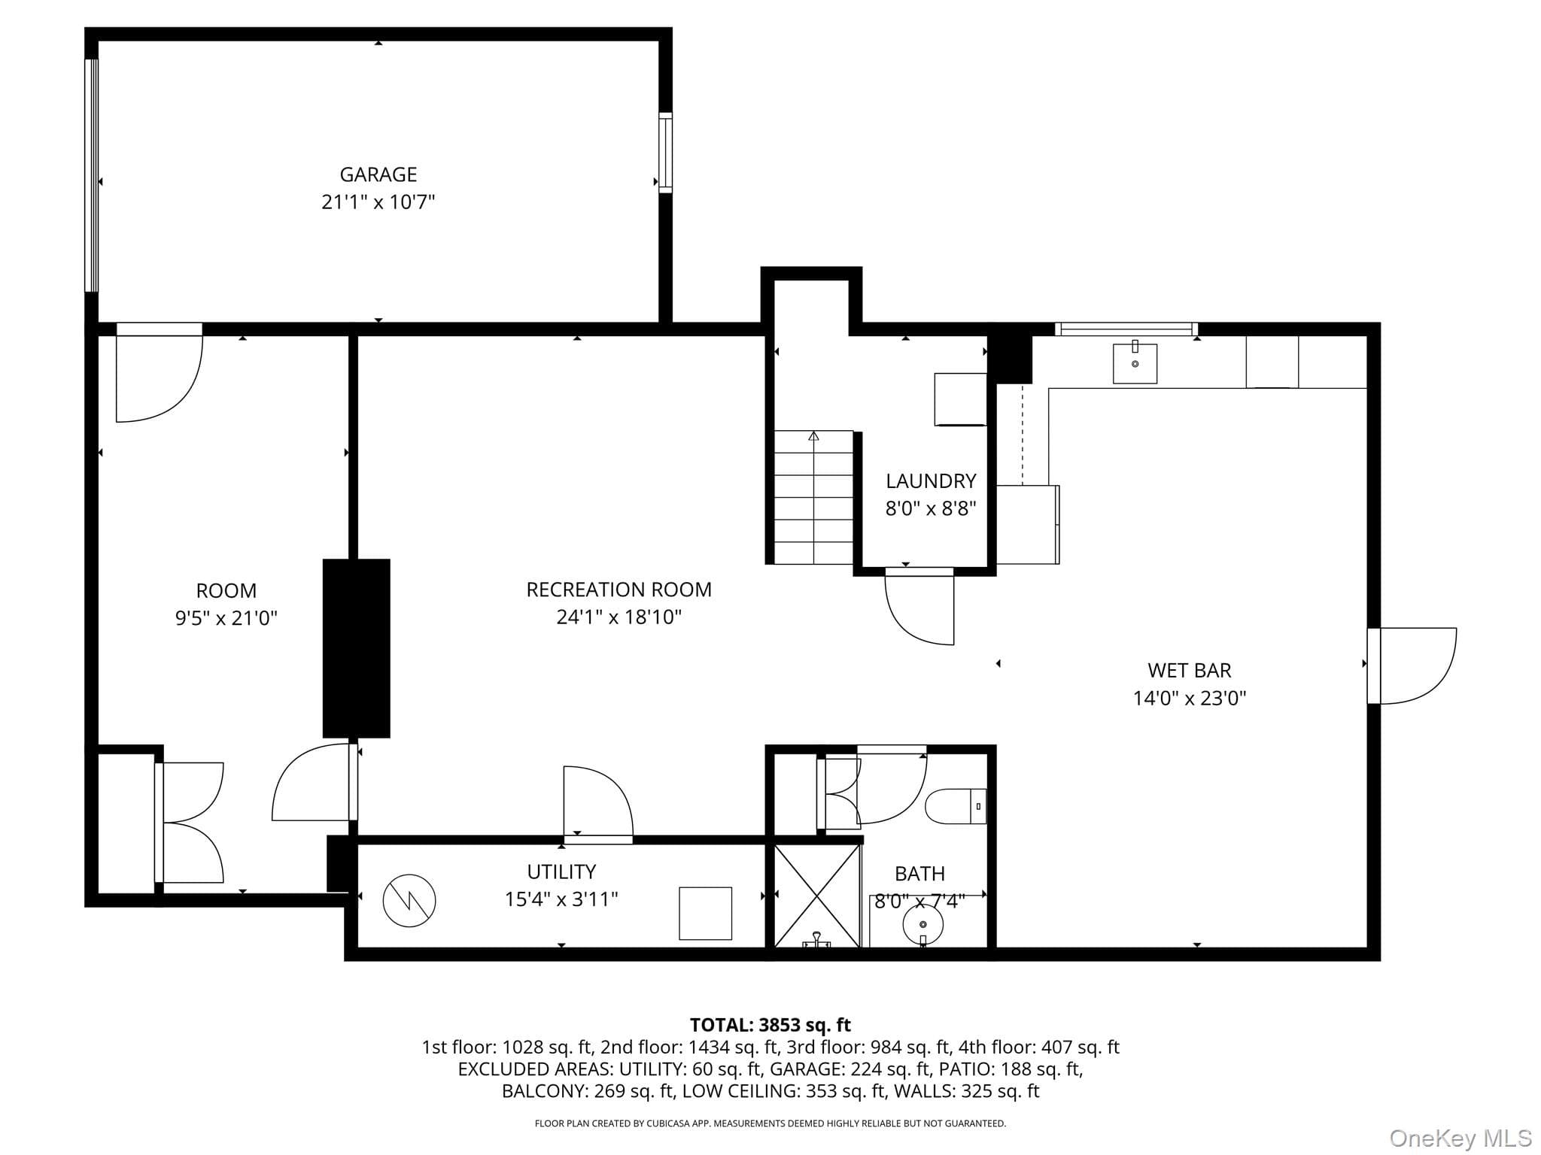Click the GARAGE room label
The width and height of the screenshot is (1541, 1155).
click(378, 174)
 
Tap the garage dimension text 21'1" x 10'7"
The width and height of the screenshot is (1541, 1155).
click(378, 202)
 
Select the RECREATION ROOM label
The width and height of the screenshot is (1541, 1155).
click(619, 590)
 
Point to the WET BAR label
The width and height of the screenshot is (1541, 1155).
click(1190, 670)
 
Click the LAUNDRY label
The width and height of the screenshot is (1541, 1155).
click(931, 480)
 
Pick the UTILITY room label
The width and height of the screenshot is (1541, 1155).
click(561, 872)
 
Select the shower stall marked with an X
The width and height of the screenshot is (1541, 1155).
click(817, 896)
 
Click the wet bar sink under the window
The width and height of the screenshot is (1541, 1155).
click(1135, 362)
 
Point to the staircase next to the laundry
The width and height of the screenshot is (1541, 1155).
click(813, 497)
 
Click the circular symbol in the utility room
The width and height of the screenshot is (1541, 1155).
click(409, 901)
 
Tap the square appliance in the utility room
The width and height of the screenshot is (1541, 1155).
click(705, 913)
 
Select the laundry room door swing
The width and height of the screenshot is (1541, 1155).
click(919, 607)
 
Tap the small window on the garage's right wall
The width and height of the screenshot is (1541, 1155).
click(665, 153)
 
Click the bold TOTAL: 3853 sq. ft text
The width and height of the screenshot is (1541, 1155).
click(770, 1025)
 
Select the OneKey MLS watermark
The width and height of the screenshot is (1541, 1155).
click(1460, 1138)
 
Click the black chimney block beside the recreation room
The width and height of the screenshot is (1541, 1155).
click(357, 648)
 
